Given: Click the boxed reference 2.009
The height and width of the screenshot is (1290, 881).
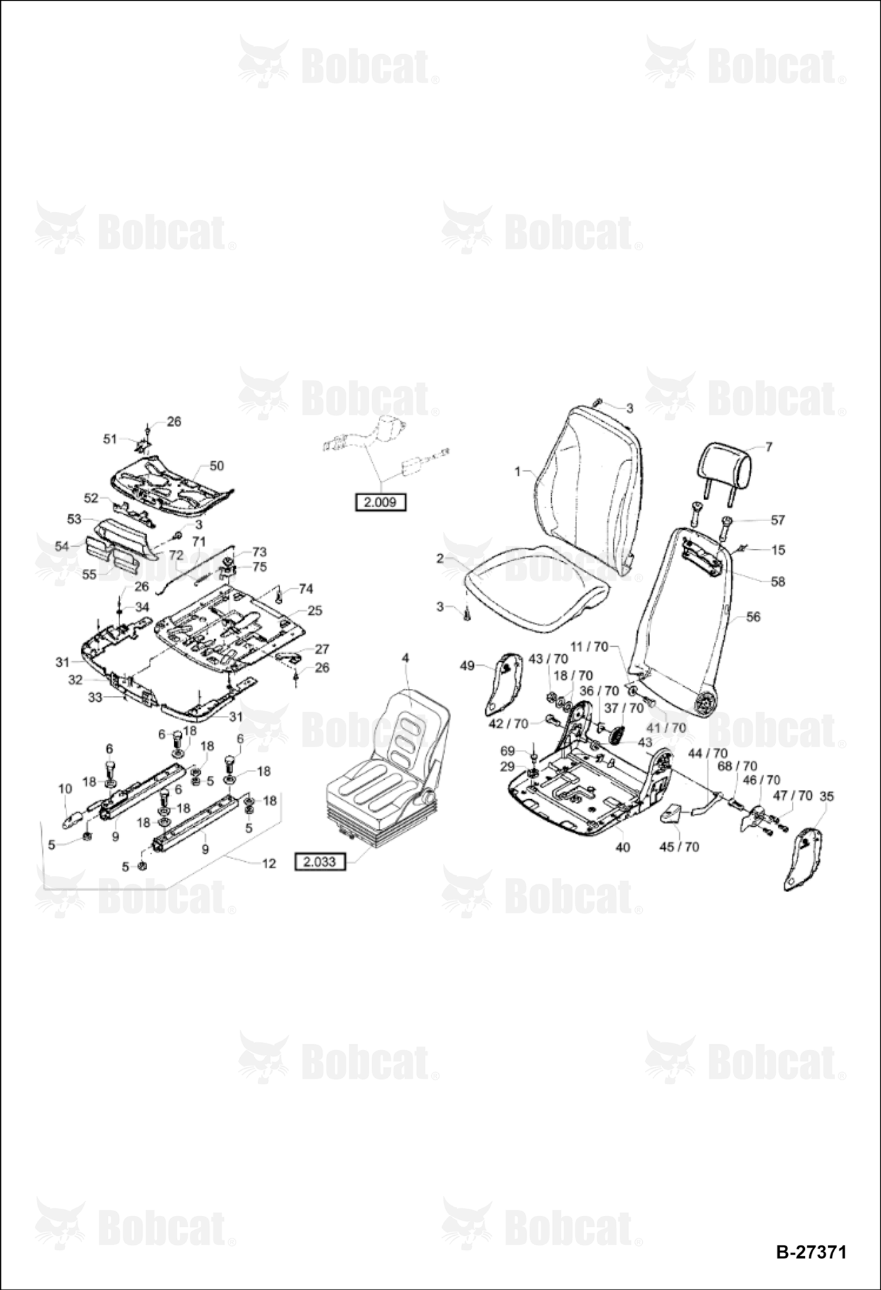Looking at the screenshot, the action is [381, 502].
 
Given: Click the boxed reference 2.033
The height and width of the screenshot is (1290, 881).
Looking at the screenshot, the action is [320, 861].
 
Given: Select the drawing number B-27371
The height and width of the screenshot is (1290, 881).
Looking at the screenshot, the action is [811, 1252].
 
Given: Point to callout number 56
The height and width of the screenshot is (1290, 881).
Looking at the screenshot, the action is [753, 617].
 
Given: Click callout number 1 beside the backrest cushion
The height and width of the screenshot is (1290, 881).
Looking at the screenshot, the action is [517, 471].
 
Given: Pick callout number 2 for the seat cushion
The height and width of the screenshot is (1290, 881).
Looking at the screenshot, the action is [440, 558].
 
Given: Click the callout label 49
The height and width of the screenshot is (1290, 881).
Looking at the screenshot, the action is [468, 666].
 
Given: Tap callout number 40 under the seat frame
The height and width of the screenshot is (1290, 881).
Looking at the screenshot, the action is [622, 847].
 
